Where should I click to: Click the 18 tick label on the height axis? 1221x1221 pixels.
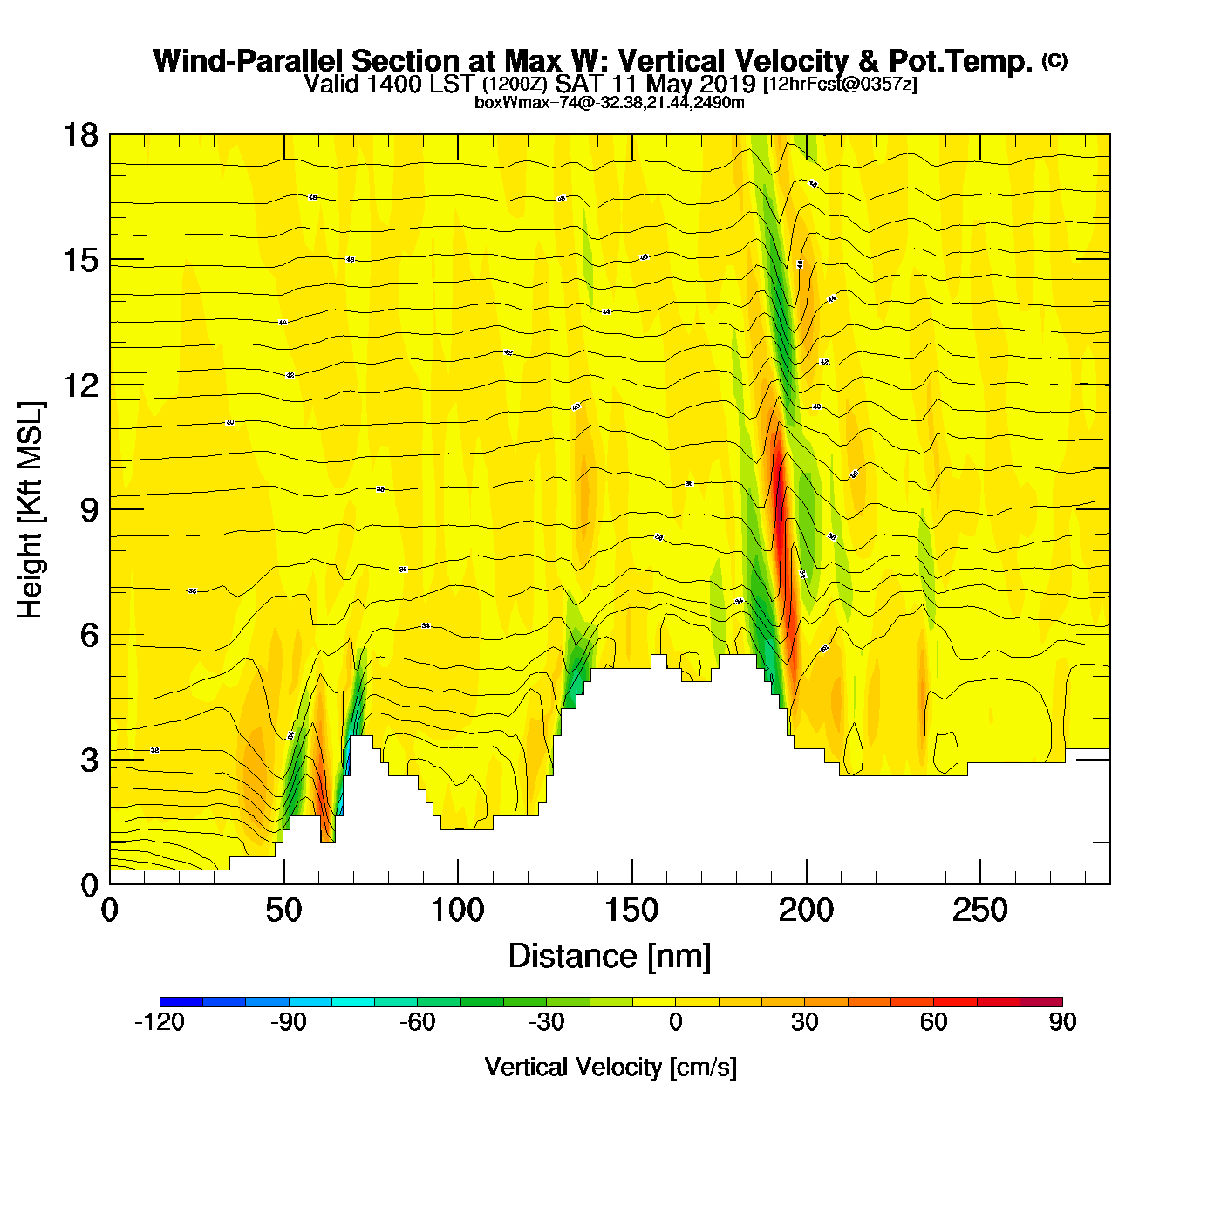tap(79, 135)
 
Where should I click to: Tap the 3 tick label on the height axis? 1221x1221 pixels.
tap(89, 761)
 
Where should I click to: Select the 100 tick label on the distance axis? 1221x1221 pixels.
tap(457, 911)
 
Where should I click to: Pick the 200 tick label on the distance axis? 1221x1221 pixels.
tap(806, 911)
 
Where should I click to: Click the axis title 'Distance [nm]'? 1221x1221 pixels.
tap(610, 957)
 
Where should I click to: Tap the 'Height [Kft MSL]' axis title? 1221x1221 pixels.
tap(31, 510)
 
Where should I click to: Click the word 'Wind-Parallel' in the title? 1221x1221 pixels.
tap(249, 61)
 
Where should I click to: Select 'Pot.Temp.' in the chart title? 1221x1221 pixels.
tap(959, 61)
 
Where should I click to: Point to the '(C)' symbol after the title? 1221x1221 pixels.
tap(1054, 60)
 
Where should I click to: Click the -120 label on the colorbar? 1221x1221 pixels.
tap(160, 1022)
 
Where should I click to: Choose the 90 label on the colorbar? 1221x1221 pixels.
tap(1062, 1022)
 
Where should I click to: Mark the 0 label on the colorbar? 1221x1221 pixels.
tap(676, 1022)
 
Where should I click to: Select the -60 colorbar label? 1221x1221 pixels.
tap(417, 1022)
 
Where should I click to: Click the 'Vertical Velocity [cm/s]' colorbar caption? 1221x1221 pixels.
tap(610, 1067)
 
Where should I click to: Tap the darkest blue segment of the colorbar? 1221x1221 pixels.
tap(181, 1001)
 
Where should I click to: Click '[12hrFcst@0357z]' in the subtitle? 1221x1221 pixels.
tap(840, 85)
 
